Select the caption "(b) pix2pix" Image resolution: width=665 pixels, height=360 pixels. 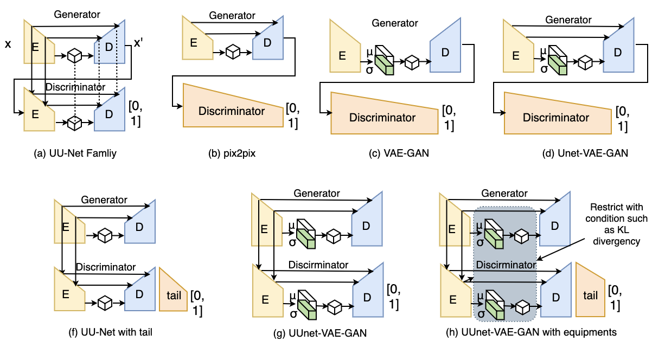click(232, 153)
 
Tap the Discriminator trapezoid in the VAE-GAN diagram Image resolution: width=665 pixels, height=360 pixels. click(382, 116)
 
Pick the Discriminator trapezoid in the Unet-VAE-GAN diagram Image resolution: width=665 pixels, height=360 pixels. click(555, 116)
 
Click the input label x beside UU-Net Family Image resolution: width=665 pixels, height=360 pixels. click(8, 43)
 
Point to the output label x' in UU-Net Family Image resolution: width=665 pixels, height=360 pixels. click(138, 44)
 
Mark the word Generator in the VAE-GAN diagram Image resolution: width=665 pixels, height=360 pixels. click(394, 23)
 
